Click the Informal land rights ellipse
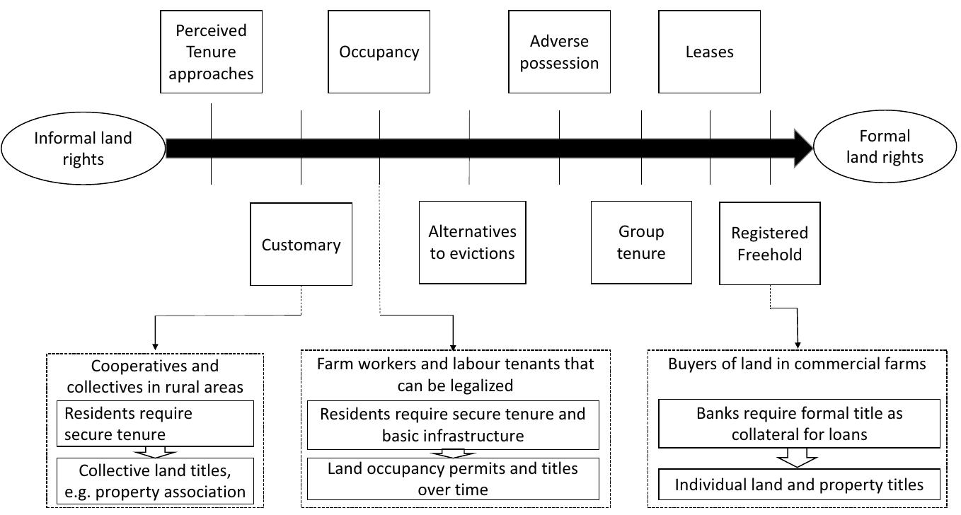[x=83, y=149]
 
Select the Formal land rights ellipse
[x=885, y=146]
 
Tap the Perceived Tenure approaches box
[x=211, y=52]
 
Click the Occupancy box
[x=379, y=52]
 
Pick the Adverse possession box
[x=559, y=52]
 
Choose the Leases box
[x=709, y=52]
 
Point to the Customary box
[x=301, y=245]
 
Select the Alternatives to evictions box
[x=472, y=242]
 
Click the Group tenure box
[x=641, y=242]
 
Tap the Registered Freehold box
[x=769, y=243]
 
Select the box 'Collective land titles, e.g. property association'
[x=155, y=481]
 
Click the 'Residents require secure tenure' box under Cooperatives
[x=155, y=424]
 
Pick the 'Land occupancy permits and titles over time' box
[x=452, y=479]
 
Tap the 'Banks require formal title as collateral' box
[x=799, y=423]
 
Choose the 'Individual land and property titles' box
[x=799, y=485]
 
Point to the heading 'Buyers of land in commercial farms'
[x=797, y=364]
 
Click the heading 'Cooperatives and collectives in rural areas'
[x=155, y=376]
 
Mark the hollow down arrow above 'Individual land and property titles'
[x=797, y=459]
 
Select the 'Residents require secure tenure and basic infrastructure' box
[x=452, y=424]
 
